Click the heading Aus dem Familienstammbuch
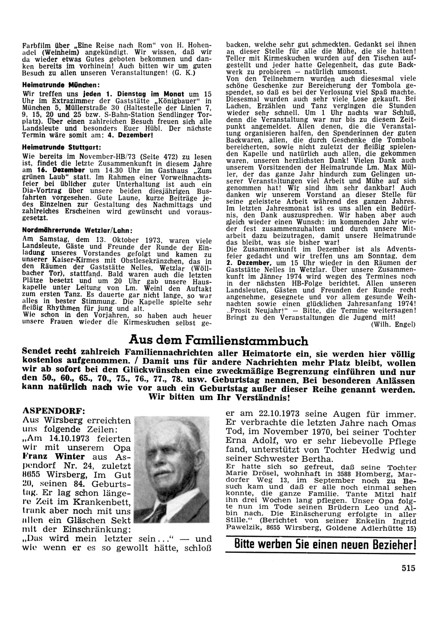(x=219, y=340)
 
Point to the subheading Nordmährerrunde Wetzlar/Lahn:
(x=78, y=230)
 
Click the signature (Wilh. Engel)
(x=393, y=325)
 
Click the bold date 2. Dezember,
(x=249, y=263)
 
